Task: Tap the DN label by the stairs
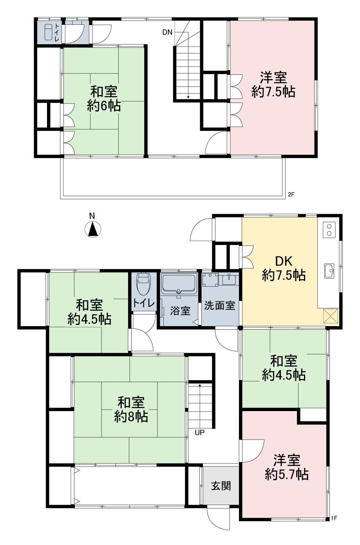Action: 167,32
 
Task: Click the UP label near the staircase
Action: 200,432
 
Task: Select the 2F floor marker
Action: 291,195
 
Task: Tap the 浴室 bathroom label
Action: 180,311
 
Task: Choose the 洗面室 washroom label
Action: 219,306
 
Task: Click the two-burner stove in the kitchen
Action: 329,230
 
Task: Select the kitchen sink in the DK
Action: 329,271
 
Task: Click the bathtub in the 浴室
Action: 179,283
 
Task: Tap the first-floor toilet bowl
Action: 144,284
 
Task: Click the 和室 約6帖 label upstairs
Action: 104,98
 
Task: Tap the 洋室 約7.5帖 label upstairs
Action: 273,85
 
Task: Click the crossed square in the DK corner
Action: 331,316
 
